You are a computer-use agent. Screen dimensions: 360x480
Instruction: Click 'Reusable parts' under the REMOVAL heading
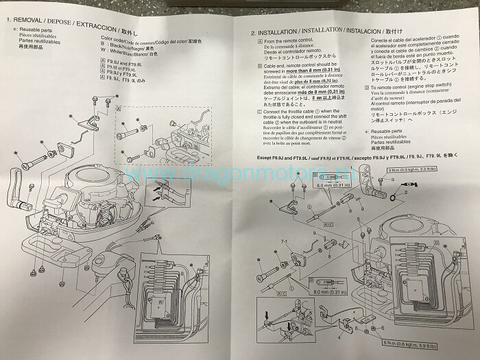click(42, 31)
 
